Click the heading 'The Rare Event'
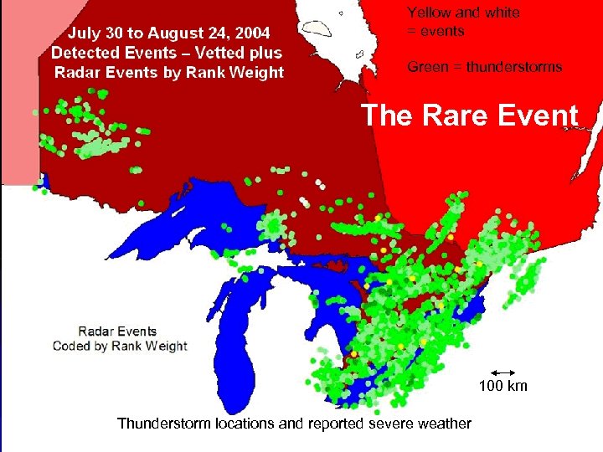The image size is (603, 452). pos(469,116)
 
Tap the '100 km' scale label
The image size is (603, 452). pos(503,386)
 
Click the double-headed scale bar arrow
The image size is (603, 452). pos(503,372)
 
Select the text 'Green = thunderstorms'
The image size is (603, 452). pos(484,67)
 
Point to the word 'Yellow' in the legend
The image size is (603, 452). pos(429,13)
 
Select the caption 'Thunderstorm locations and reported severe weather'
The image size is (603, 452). pos(294,424)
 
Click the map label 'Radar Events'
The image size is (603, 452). pos(118,331)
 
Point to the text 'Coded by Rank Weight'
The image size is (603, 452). pos(120,346)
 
